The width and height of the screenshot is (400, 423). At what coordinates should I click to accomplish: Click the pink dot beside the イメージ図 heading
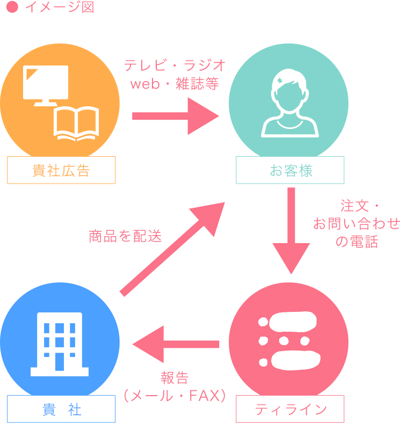pyautogui.click(x=12, y=8)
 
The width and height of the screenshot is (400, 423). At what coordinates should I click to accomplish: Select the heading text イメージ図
pyautogui.click(x=59, y=8)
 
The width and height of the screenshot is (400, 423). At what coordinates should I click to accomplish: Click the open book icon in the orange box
pyautogui.click(x=76, y=123)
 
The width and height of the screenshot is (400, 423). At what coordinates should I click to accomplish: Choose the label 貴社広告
pyautogui.click(x=61, y=171)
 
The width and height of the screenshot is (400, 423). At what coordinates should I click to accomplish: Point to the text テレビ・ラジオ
pyautogui.click(x=175, y=65)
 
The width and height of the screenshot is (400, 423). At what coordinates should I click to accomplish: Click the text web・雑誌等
pyautogui.click(x=175, y=84)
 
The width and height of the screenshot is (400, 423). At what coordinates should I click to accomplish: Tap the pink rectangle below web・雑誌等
pyautogui.click(x=176, y=116)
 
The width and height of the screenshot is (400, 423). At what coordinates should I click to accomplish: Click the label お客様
pyautogui.click(x=290, y=171)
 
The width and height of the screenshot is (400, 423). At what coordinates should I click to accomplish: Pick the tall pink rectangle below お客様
pyautogui.click(x=291, y=231)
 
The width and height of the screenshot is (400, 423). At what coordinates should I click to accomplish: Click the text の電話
pyautogui.click(x=357, y=242)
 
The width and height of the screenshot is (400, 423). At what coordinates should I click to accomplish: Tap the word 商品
pyautogui.click(x=103, y=236)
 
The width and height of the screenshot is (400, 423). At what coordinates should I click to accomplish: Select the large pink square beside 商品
pyautogui.click(x=172, y=249)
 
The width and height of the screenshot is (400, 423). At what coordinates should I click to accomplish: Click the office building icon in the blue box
pyautogui.click(x=60, y=344)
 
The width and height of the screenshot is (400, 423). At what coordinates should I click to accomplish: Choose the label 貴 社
pyautogui.click(x=61, y=410)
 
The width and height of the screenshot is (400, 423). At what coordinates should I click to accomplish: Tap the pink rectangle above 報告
pyautogui.click(x=176, y=344)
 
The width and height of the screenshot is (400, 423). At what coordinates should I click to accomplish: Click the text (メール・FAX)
pyautogui.click(x=175, y=396)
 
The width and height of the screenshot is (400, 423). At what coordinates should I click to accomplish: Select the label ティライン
pyautogui.click(x=290, y=410)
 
